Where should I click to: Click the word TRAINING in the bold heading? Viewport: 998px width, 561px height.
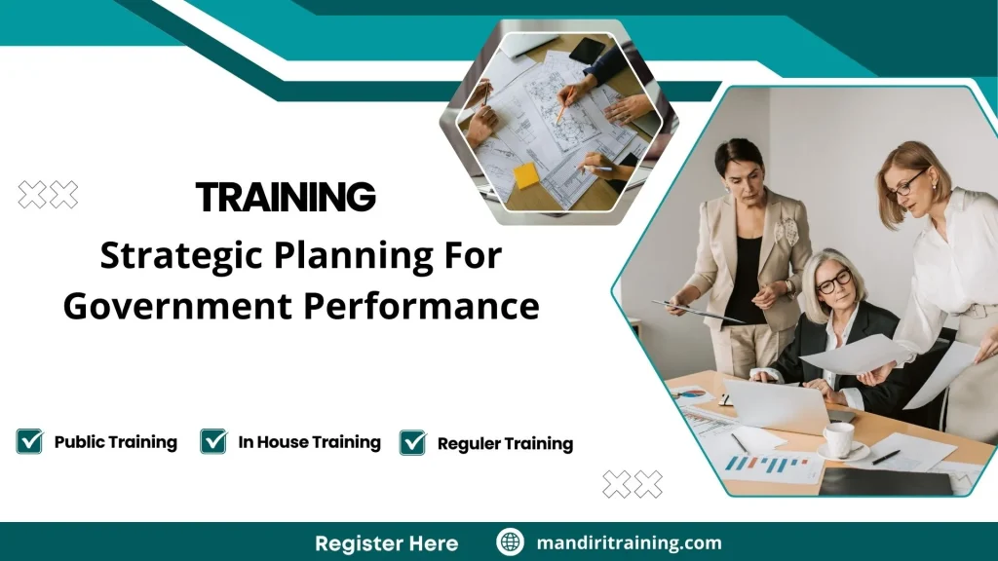click(286, 197)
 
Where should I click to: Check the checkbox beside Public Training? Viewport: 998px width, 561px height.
click(29, 441)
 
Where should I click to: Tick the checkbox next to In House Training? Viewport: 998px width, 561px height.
click(213, 441)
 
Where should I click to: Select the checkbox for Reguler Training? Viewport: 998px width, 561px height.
click(413, 442)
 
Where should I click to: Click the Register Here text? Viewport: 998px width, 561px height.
click(387, 542)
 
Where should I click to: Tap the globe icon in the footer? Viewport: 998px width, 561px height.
click(511, 542)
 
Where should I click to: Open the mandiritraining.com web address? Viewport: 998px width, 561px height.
click(630, 542)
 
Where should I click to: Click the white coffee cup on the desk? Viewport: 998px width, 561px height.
click(838, 438)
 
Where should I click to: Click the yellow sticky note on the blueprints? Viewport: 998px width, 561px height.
click(527, 175)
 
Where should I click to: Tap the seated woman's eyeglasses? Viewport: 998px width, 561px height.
click(834, 282)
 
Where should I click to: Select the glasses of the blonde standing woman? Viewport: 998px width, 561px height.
click(905, 185)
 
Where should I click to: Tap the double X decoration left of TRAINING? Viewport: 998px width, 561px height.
click(48, 195)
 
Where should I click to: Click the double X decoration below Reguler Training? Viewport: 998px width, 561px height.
click(633, 483)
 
